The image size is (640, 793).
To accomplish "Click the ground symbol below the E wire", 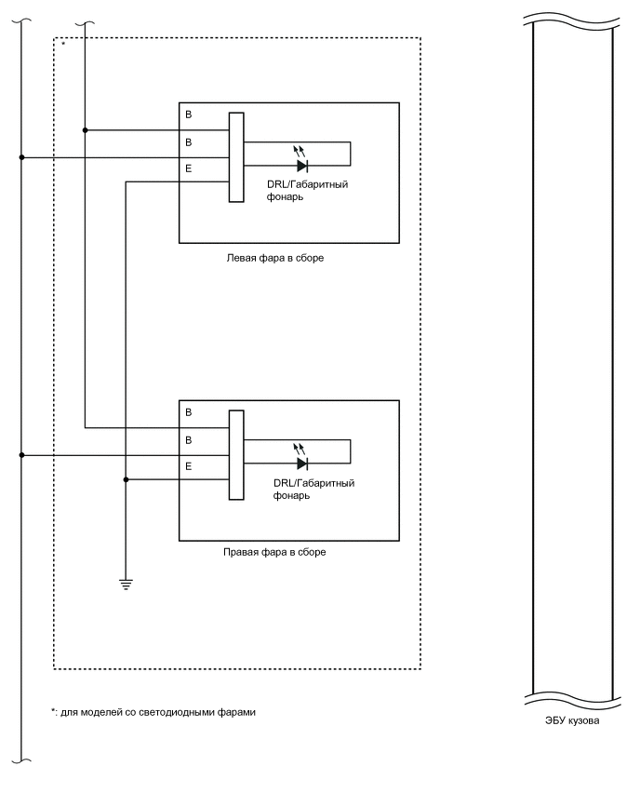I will tap(125, 584).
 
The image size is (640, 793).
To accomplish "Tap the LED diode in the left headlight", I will tap(301, 166).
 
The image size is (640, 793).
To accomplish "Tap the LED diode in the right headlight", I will tap(301, 464).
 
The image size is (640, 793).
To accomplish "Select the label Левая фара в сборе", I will tap(274, 258).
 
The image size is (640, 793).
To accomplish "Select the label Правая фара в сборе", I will tap(274, 552).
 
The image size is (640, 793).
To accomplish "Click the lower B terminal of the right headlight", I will tap(190, 439).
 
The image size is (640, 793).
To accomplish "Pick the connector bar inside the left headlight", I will tap(236, 156).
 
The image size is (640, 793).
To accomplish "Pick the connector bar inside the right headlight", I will tap(236, 454).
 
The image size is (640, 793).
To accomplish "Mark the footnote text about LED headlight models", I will tap(153, 712).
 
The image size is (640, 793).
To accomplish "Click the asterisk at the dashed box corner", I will tap(63, 44).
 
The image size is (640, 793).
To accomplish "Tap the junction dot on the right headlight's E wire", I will tap(125, 479).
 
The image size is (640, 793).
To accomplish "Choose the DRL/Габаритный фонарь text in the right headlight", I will tap(314, 490).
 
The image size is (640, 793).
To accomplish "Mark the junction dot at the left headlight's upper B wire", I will tap(85, 130).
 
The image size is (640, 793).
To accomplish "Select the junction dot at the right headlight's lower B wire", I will tap(21, 455).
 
